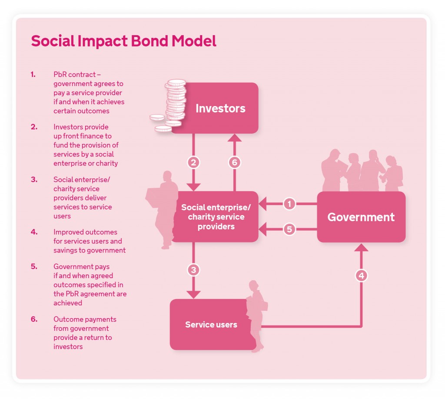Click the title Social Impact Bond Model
tap(123, 41)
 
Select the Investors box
tap(220, 108)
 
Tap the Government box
tap(361, 217)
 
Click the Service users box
tap(211, 325)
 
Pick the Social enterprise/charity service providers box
tap(216, 216)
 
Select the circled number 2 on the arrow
tap(193, 162)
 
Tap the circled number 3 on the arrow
tap(193, 270)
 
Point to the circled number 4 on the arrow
tap(361, 275)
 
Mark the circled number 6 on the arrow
tap(235, 162)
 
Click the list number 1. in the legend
tap(33, 74)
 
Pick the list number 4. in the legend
tap(33, 232)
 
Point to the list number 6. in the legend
tap(33, 319)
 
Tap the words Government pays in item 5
tap(81, 266)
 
